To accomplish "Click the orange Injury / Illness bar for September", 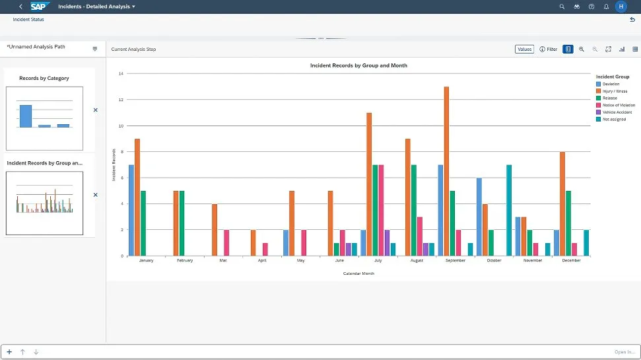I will click(446, 171).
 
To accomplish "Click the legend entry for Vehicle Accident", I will click(617, 112).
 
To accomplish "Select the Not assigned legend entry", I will click(614, 120).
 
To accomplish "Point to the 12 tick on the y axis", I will click(121, 100).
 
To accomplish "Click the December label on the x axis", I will click(572, 261).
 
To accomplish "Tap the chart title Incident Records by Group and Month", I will click(358, 66).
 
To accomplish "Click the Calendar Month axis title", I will click(358, 273).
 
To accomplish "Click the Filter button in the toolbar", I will click(549, 50).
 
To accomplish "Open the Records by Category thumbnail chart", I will click(45, 118).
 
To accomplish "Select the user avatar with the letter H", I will click(621, 7).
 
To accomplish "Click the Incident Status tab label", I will click(28, 20).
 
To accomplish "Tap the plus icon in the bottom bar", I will click(9, 352).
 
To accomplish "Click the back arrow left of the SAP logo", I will click(21, 7).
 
